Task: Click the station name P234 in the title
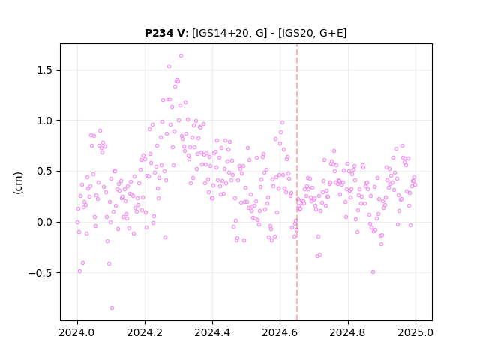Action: [160, 33]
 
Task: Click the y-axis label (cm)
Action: [18, 183]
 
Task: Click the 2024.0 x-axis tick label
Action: [77, 332]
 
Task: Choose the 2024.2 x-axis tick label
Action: [145, 332]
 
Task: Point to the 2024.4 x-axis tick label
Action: [212, 332]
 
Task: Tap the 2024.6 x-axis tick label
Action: [280, 332]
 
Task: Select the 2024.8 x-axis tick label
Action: [348, 332]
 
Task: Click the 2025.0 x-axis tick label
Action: [415, 332]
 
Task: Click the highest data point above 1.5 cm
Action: [181, 56]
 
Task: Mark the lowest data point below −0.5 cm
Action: [112, 308]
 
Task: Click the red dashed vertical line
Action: [297, 182]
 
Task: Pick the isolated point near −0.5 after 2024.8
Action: [373, 271]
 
